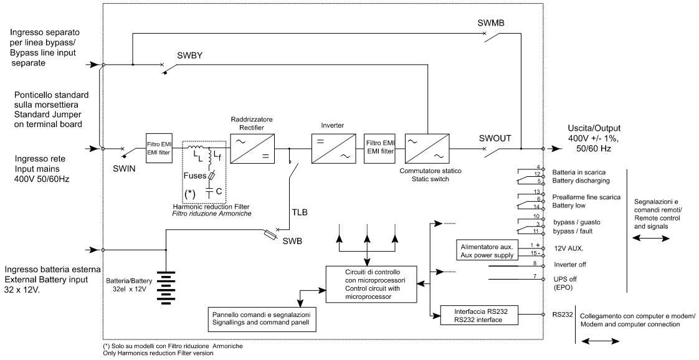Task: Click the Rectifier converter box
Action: click(253, 148)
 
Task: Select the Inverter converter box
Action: click(333, 148)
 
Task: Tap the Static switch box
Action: click(427, 148)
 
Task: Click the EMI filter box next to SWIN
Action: click(159, 148)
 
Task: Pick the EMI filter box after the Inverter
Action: click(380, 148)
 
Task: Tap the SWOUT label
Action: click(495, 138)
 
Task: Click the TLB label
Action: click(300, 212)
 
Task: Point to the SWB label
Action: click(292, 241)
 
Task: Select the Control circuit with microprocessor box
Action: click(373, 284)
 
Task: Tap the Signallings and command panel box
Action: click(262, 319)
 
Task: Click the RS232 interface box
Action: click(480, 315)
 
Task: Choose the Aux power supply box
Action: click(487, 251)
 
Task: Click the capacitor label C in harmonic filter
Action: click(219, 191)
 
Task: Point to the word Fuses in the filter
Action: click(195, 175)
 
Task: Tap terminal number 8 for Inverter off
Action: click(535, 263)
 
